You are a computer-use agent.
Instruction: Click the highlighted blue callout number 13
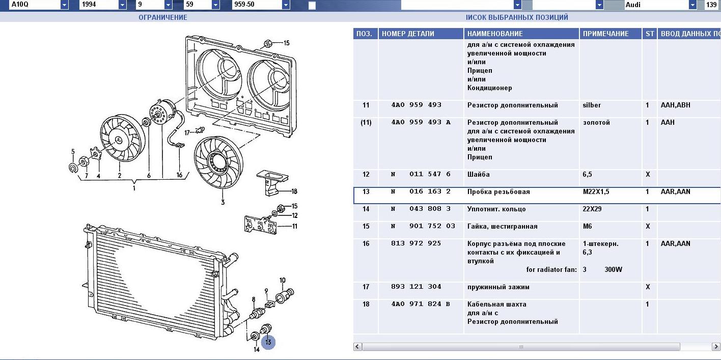(x=268, y=343)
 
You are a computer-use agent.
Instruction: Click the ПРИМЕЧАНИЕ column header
(x=605, y=34)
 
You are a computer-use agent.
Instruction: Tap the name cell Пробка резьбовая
(x=498, y=192)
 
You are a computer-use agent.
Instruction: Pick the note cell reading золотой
(x=596, y=123)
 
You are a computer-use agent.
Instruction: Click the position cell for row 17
(x=366, y=287)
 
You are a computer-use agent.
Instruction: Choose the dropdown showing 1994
(x=102, y=5)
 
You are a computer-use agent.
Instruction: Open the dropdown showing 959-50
(x=263, y=5)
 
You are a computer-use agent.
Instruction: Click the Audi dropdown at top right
(x=660, y=5)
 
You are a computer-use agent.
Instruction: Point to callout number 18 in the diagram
(x=294, y=191)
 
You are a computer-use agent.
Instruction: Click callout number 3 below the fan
(x=223, y=203)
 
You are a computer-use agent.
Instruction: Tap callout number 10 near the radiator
(x=283, y=281)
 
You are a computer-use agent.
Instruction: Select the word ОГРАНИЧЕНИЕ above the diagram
(x=163, y=17)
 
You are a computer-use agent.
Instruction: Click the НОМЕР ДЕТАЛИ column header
(x=408, y=34)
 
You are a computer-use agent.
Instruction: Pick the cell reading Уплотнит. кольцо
(x=496, y=209)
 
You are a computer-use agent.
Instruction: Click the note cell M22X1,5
(x=596, y=192)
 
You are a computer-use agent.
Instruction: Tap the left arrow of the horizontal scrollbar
(x=357, y=347)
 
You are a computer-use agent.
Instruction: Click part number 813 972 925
(x=416, y=244)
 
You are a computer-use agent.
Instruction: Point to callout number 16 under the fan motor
(x=179, y=175)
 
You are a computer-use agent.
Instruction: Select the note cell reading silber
(x=592, y=105)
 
